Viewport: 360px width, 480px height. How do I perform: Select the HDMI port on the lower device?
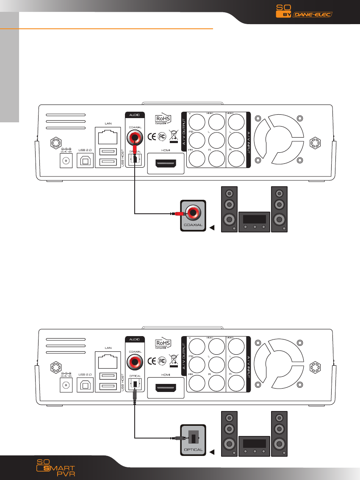click(x=165, y=387)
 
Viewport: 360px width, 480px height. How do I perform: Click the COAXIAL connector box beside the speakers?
click(x=193, y=216)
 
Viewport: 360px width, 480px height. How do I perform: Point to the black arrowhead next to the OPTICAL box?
click(x=212, y=452)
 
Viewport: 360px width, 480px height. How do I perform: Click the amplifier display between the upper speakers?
click(x=254, y=219)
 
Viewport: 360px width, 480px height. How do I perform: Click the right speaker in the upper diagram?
click(x=279, y=210)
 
